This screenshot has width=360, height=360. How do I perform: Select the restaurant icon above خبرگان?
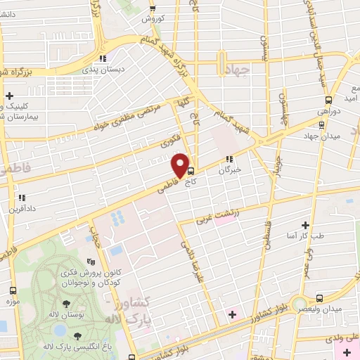pos(229,158)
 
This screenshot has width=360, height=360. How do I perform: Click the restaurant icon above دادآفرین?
pos(22,198)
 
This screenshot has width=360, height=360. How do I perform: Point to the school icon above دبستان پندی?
pos(103,58)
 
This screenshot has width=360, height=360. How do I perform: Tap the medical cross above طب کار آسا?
pos(305,225)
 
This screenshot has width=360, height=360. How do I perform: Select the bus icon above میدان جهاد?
pos(321,124)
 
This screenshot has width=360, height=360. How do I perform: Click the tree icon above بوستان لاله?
pos(66,304)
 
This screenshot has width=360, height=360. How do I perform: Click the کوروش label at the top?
pos(152,20)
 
